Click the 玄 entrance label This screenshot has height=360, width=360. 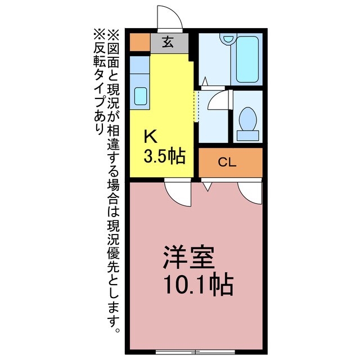click(168, 42)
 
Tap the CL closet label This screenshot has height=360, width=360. click(227, 163)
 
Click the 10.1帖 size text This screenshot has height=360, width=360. click(198, 286)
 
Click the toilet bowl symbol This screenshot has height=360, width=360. click(246, 119)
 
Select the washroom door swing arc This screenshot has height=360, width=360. click(218, 100)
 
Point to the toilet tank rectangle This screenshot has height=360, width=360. click(247, 135)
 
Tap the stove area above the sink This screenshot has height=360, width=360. click(139, 67)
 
